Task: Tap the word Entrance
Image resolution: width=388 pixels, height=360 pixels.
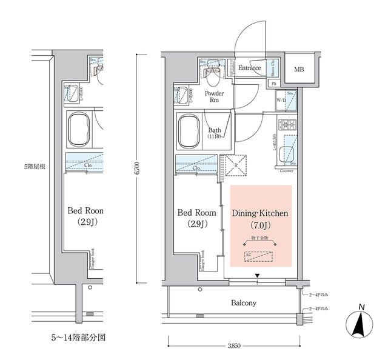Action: pos(249,68)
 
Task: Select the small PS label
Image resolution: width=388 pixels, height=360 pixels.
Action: pos(274,83)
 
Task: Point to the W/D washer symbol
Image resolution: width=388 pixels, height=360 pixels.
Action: pos(282,101)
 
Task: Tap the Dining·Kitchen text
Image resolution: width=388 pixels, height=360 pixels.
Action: pos(260,214)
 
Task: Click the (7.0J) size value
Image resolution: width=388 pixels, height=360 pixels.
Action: pos(260,226)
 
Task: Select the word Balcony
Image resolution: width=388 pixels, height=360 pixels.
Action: pos(242,303)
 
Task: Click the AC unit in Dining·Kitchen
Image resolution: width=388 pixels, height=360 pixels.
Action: pos(260,256)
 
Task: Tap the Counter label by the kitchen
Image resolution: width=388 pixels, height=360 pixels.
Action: pos(287,171)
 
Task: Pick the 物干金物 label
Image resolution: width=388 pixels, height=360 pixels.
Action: pos(259,238)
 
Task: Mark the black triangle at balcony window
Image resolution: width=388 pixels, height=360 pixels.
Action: pos(258,278)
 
